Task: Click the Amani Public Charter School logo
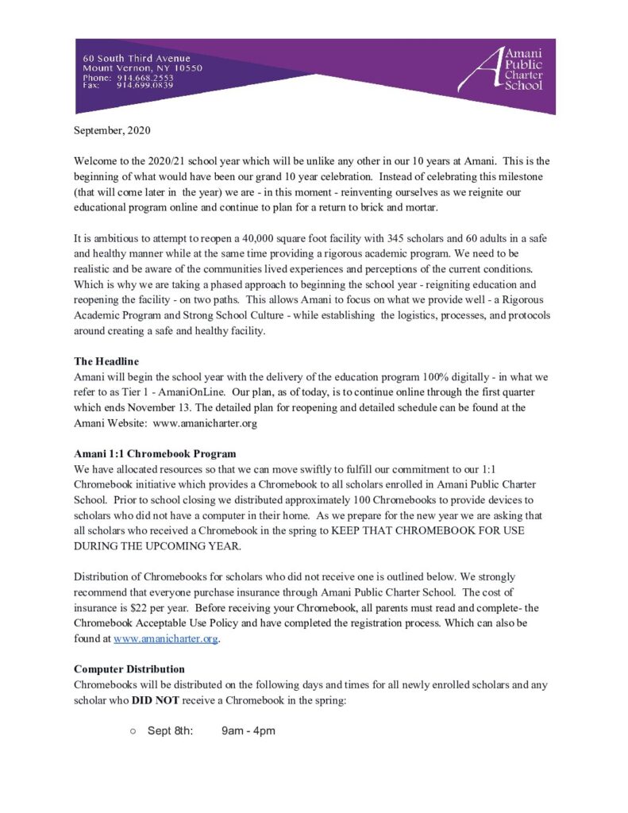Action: [511, 69]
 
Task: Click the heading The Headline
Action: [106, 361]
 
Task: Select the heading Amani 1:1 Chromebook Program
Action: [155, 454]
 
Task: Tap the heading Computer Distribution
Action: [129, 669]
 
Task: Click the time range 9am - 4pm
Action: [249, 730]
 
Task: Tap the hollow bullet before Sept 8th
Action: [134, 730]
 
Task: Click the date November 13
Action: [151, 407]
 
